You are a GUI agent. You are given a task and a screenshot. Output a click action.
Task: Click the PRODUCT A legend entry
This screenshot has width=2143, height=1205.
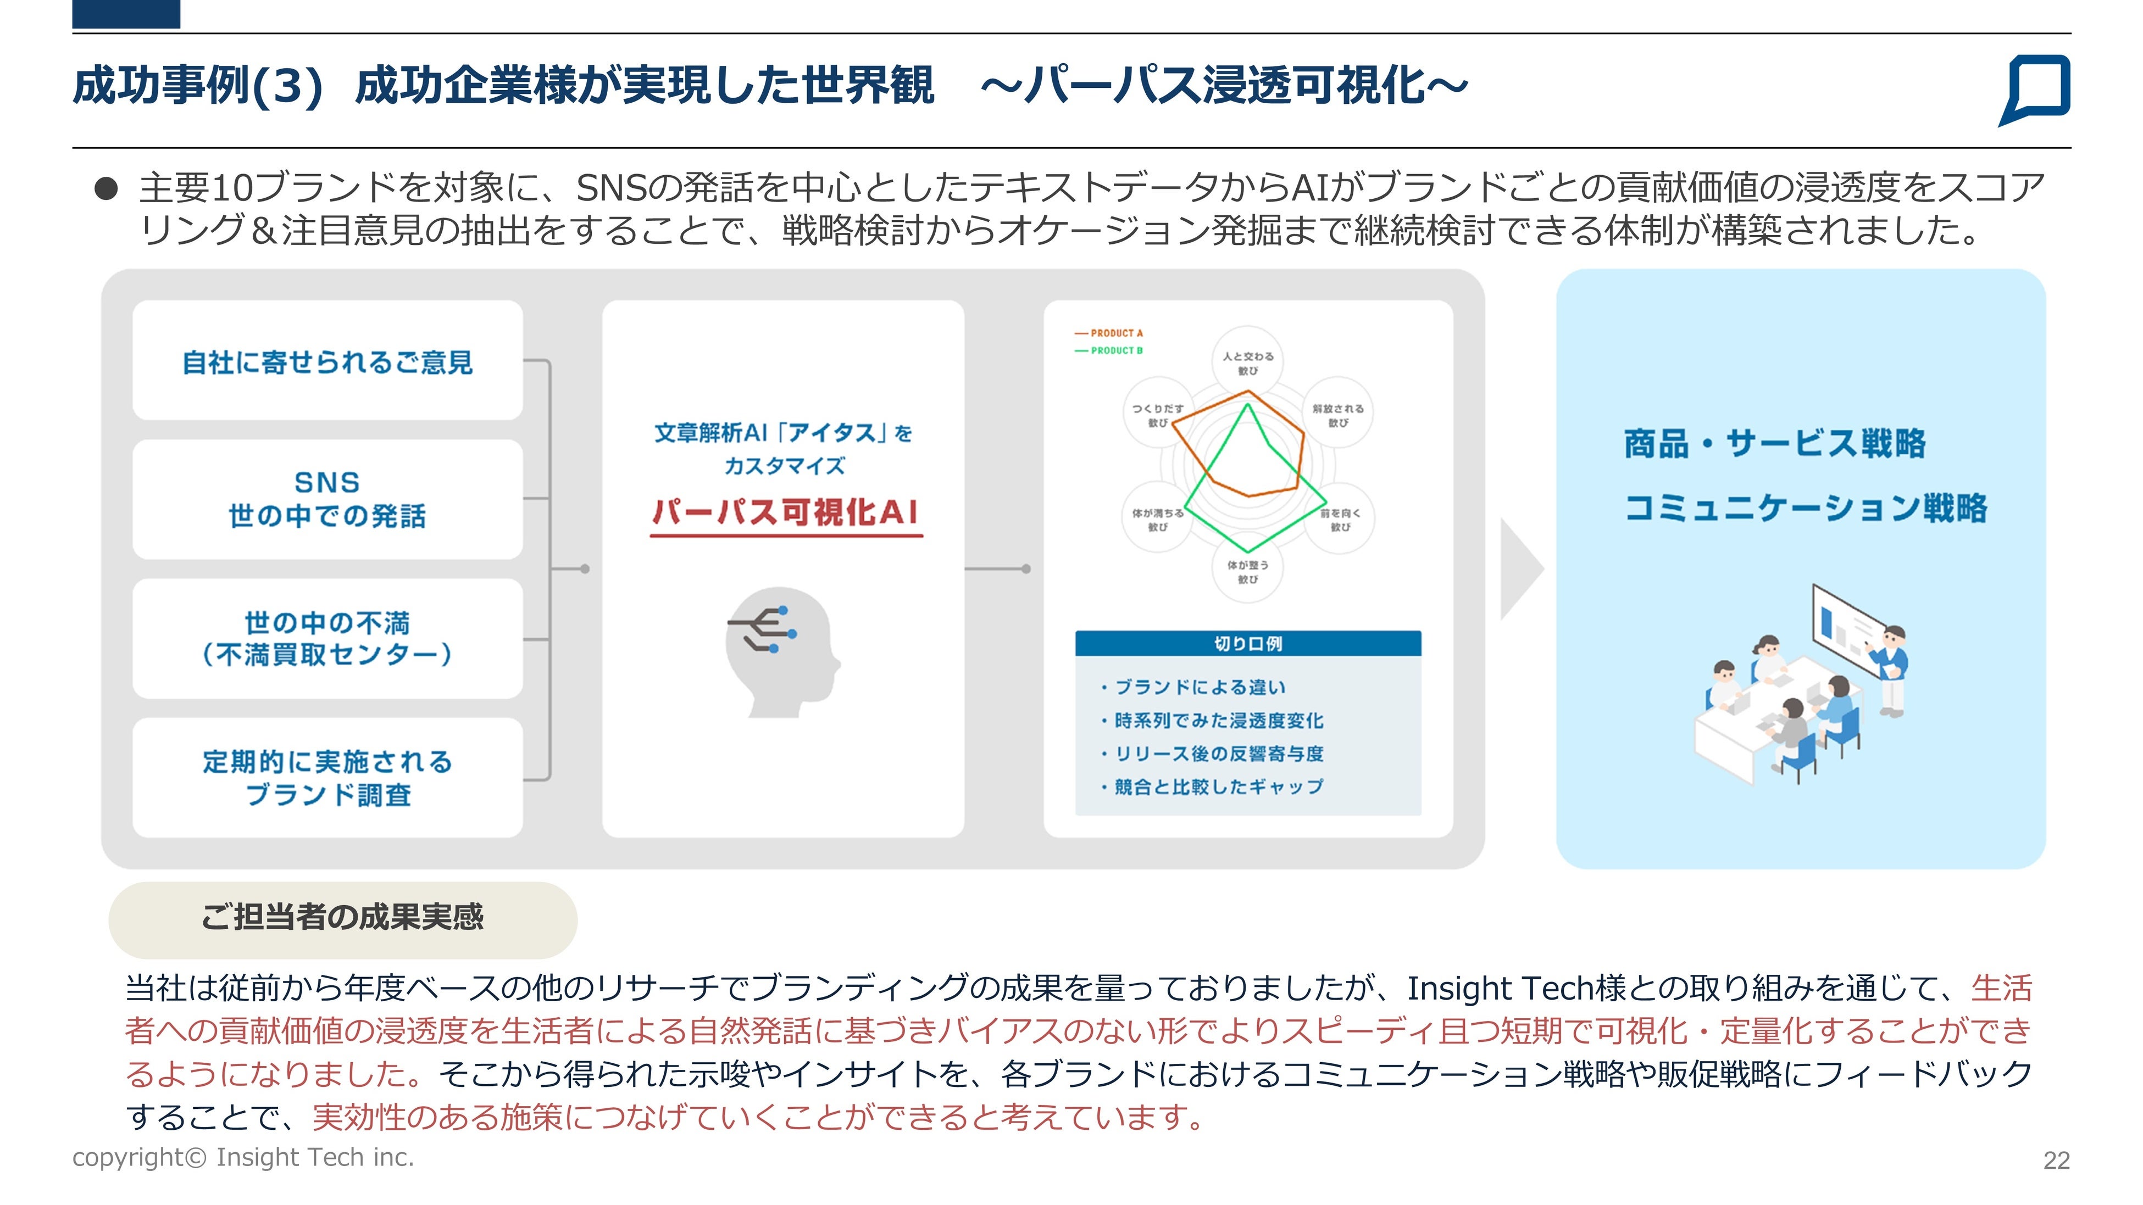[x=1109, y=333]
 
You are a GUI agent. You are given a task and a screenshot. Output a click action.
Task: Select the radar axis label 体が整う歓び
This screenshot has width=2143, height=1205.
[x=1247, y=571]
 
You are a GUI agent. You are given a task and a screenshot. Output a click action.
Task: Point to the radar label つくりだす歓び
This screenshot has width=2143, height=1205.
[x=1157, y=415]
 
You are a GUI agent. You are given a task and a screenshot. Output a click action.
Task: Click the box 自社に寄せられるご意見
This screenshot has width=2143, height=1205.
[x=327, y=362]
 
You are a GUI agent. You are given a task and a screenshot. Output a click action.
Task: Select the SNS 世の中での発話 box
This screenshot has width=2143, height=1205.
[x=327, y=499]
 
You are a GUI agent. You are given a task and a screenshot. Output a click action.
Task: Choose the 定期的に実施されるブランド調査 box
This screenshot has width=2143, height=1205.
[x=327, y=778]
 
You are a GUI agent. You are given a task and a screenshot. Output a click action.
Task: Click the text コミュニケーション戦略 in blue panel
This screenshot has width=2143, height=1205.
[x=1805, y=507]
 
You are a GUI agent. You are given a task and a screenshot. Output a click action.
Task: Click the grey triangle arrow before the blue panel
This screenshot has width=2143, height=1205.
[x=1519, y=569]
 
